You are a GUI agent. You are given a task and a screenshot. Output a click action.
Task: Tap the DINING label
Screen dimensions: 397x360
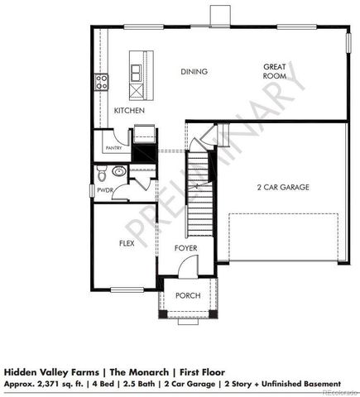point(194,72)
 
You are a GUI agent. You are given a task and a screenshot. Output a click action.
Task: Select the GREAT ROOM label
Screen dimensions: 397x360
point(275,71)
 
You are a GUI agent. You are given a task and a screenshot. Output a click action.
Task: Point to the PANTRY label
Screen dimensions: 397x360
point(113,148)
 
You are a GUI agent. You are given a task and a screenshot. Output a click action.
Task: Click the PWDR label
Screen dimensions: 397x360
point(104,189)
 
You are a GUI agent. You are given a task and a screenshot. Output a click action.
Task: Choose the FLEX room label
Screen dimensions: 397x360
point(127,243)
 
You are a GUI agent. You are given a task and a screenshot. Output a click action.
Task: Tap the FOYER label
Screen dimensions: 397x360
point(185,248)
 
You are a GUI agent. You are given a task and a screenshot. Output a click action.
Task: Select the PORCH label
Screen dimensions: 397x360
point(189,295)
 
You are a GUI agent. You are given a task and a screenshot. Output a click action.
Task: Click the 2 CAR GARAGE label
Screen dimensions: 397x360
point(282,188)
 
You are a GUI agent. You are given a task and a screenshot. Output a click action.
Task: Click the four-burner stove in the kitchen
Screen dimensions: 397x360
point(102,81)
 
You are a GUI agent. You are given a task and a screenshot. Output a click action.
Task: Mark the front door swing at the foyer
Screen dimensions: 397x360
point(189,266)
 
